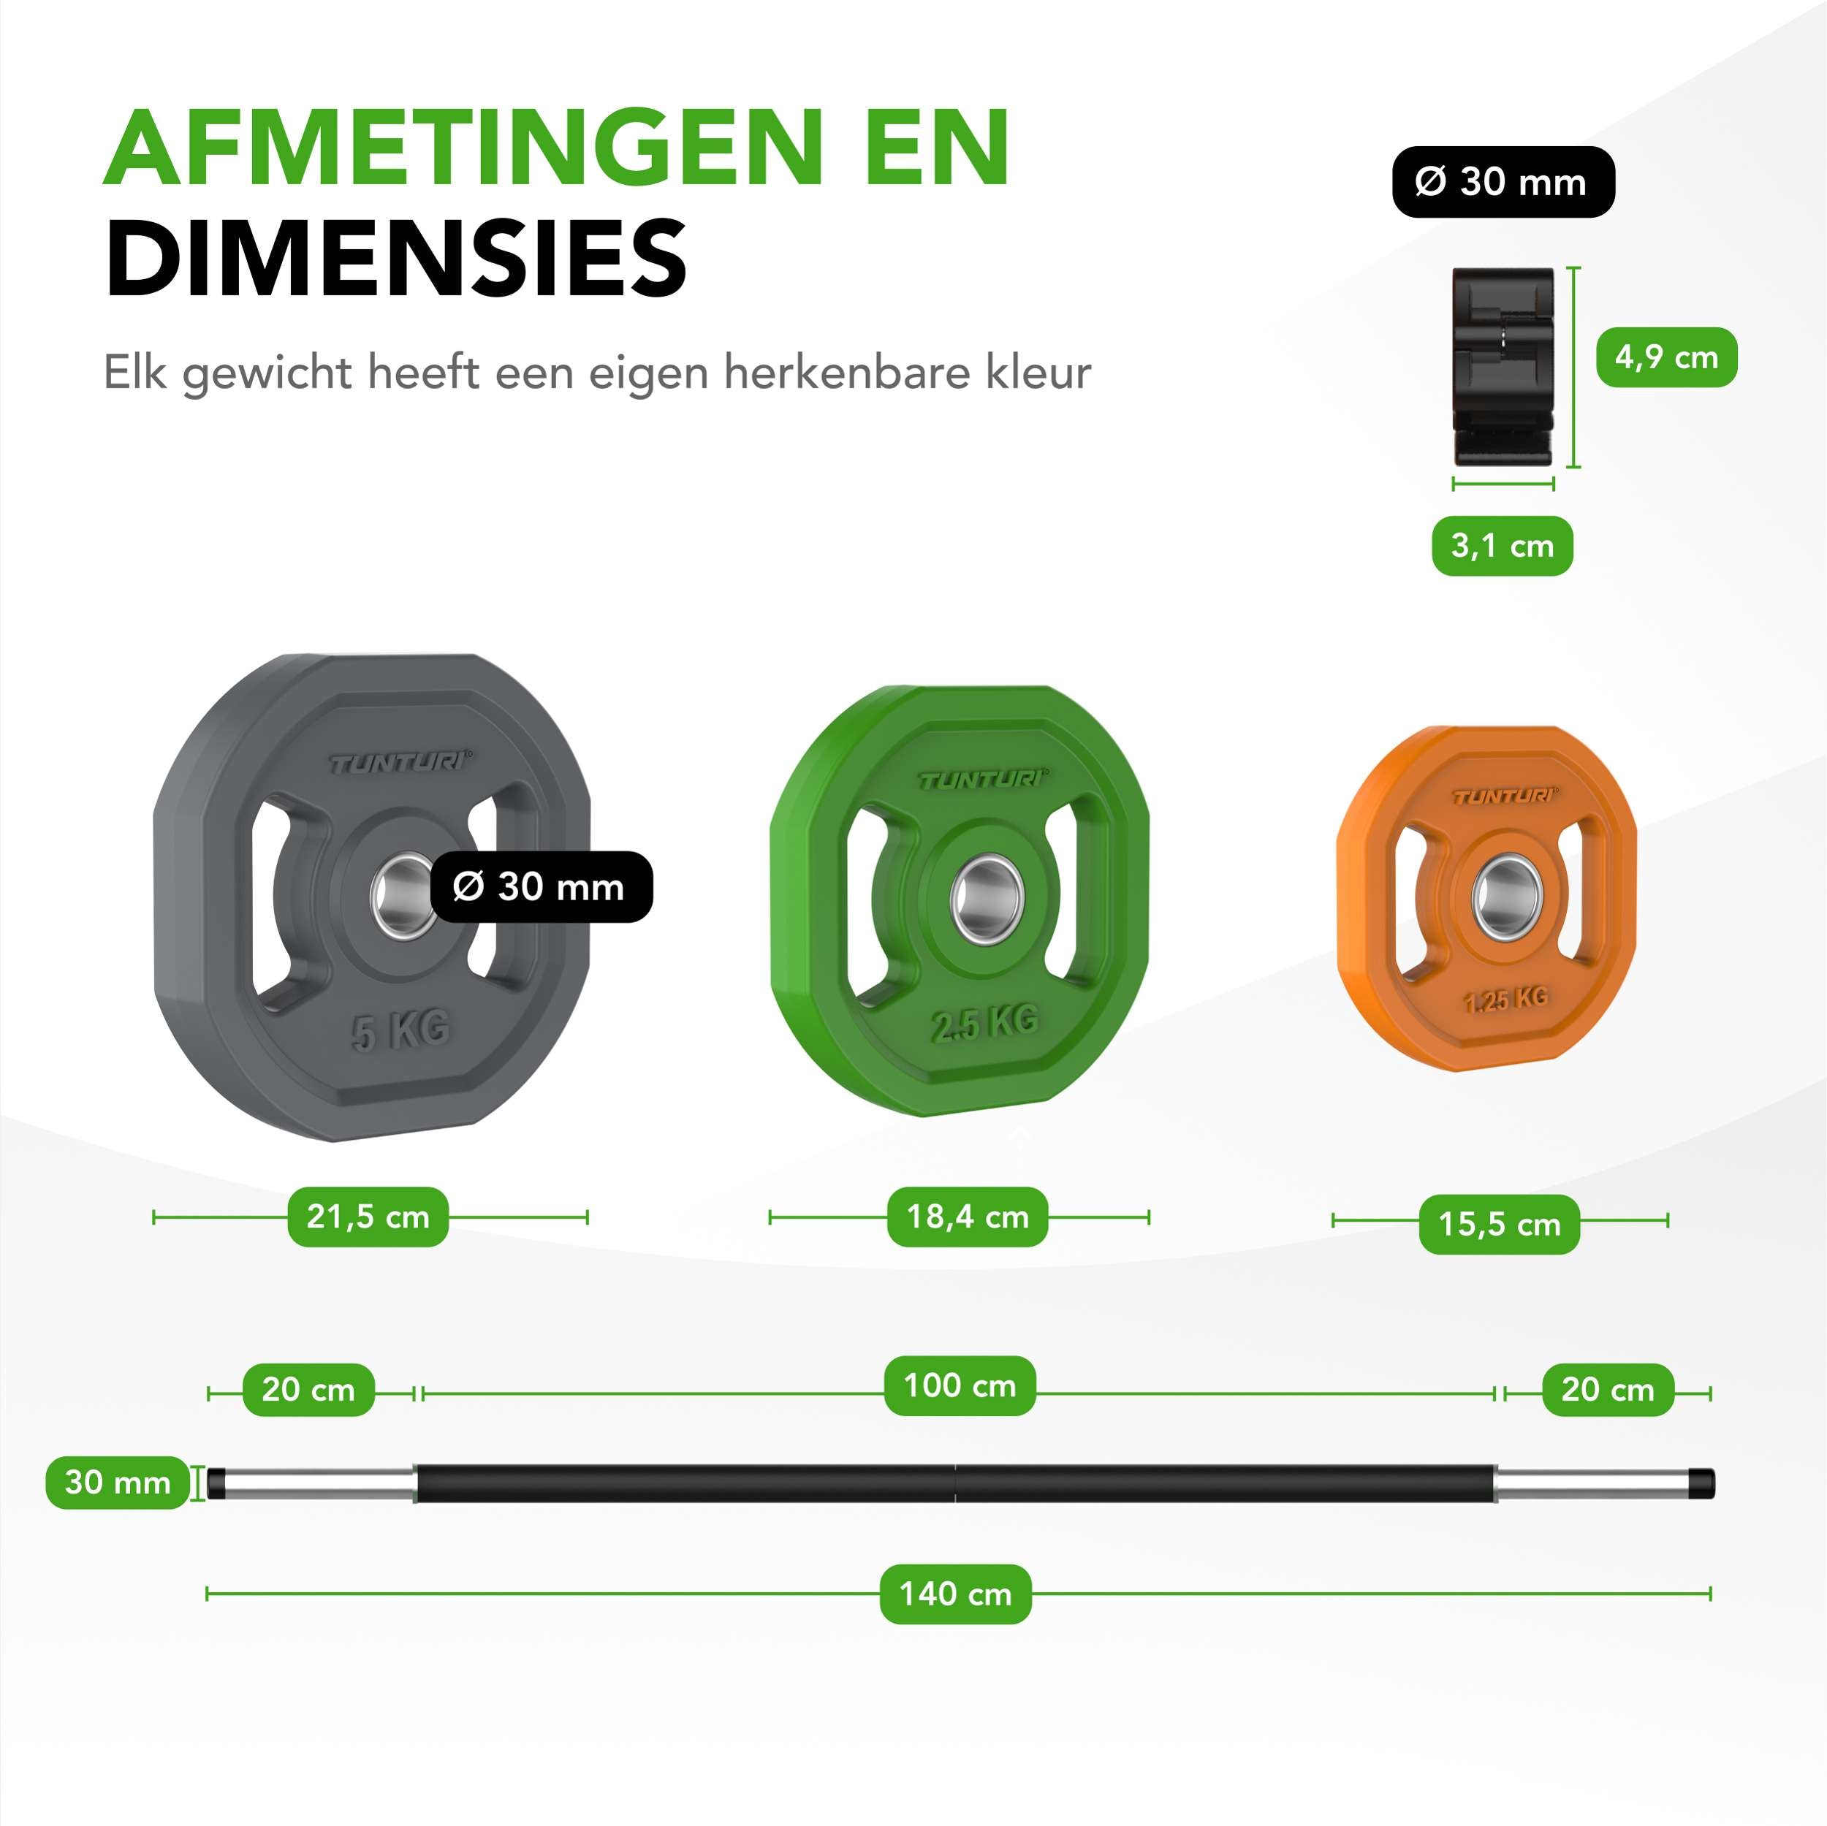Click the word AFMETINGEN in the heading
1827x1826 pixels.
coord(558,148)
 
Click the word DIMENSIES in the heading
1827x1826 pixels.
coord(396,257)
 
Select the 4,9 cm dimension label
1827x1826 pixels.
coord(1666,357)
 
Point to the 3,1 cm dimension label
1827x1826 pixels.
coord(1503,546)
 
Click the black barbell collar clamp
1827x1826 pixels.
coord(1503,367)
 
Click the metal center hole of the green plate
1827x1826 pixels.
coord(987,898)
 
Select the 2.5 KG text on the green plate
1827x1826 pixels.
coord(984,1022)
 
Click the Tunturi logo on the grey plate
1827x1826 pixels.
coord(400,762)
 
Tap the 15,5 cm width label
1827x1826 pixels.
coord(1499,1224)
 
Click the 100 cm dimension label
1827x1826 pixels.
coord(960,1385)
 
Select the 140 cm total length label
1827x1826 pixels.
coord(955,1594)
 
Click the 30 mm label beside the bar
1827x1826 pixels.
coord(117,1482)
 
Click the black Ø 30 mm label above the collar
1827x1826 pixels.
coord(1503,181)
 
